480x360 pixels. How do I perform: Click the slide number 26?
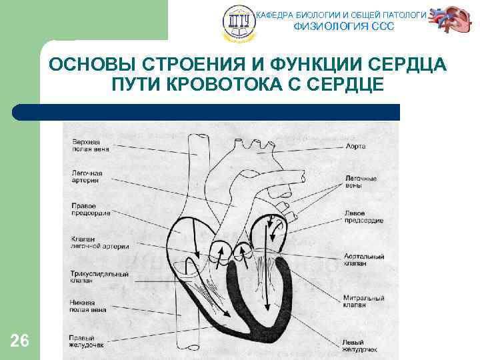[20, 341]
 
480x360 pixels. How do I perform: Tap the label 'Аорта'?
[356, 145]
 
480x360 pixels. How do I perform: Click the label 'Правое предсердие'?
[91, 209]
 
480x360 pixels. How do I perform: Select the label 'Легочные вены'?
[361, 182]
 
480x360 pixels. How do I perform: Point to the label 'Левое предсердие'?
[363, 216]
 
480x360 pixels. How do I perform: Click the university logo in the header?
[239, 22]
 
